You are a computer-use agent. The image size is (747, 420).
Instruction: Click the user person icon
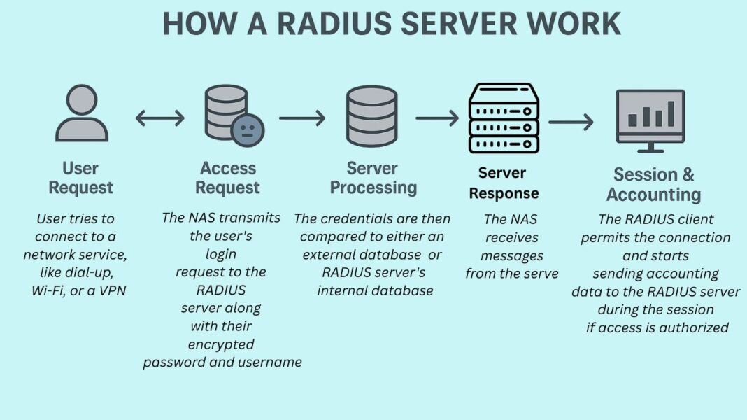[82, 113]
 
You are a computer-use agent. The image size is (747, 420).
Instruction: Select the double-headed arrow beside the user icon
[159, 118]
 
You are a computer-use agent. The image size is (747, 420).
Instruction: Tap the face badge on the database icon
[248, 130]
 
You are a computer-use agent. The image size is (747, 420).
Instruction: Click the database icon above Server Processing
[371, 116]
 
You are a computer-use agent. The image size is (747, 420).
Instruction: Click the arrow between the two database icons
[302, 118]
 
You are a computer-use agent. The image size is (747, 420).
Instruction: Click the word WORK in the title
[572, 23]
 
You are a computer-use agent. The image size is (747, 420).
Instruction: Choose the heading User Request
[81, 178]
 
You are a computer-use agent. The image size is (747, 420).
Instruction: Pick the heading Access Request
[228, 178]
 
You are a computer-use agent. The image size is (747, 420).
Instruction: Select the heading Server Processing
[373, 178]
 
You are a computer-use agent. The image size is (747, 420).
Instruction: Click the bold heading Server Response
[504, 183]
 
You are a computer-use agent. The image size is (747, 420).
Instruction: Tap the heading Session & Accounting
[653, 185]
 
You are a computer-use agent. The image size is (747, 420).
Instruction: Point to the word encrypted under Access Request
[221, 344]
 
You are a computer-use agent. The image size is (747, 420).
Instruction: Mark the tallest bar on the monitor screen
[671, 113]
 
